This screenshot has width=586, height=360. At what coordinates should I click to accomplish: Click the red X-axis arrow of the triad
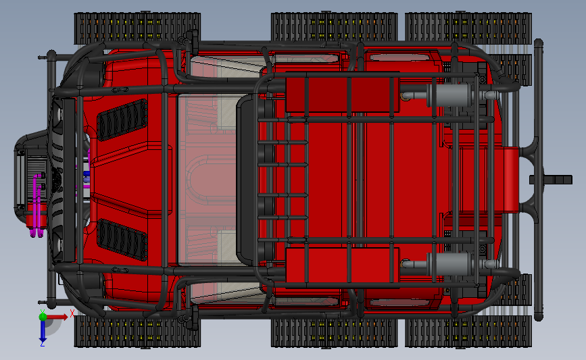tap(57, 317)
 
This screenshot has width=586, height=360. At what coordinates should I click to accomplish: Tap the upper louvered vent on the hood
tap(122, 120)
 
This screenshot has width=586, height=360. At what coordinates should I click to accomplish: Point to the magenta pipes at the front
tap(37, 205)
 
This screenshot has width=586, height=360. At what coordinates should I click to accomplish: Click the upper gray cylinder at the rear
tap(451, 95)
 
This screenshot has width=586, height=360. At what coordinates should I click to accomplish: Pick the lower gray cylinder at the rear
tap(451, 263)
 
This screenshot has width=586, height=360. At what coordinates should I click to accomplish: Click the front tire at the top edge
tap(137, 28)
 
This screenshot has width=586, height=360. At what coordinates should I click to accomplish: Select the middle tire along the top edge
tap(334, 27)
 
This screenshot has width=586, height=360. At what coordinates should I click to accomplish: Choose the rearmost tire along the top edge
tap(468, 28)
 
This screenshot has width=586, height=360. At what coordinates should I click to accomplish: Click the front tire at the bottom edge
tap(137, 331)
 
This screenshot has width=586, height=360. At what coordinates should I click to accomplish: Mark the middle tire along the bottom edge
tap(334, 332)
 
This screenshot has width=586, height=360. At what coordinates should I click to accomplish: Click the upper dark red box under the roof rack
tap(342, 92)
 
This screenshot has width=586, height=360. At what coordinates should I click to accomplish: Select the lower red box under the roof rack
tap(342, 267)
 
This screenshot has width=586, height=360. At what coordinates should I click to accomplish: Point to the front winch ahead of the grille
tap(30, 176)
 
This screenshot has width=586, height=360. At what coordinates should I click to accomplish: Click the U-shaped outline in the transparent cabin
tap(202, 180)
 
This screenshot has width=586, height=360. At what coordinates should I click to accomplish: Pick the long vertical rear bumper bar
tap(538, 180)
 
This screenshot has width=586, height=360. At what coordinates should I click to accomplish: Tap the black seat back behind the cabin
tap(246, 180)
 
